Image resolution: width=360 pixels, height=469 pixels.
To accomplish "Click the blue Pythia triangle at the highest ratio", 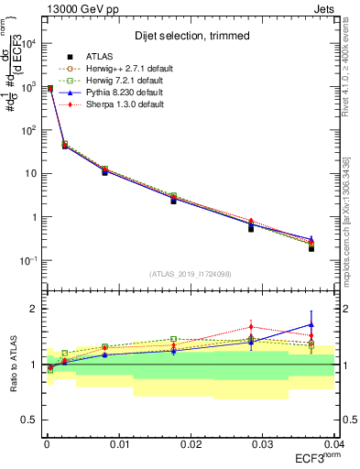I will coord(311,324).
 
